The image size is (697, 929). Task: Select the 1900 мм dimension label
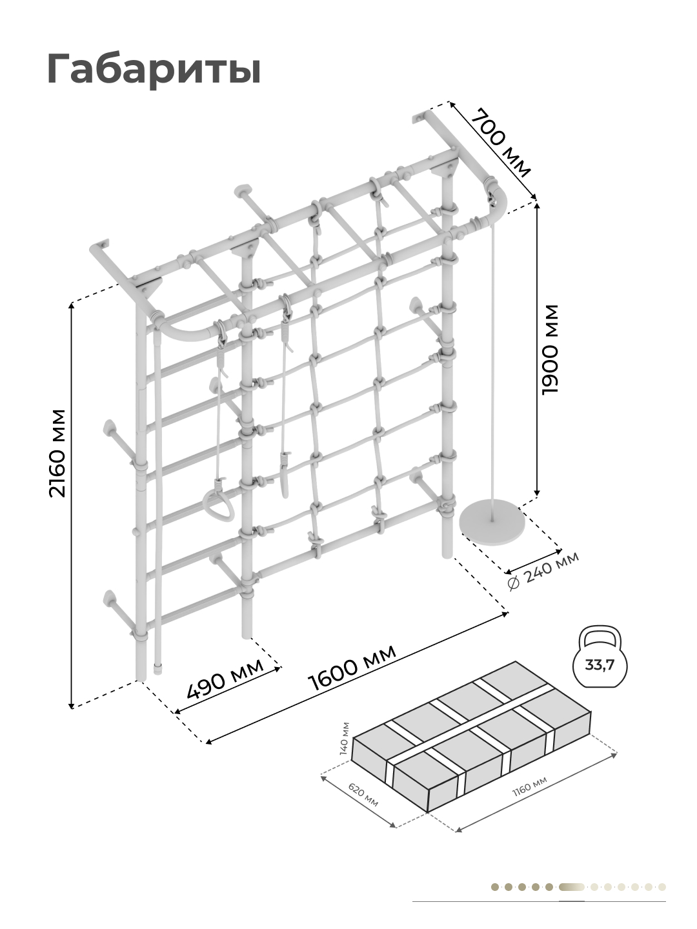click(551, 350)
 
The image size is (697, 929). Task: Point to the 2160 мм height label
click(58, 454)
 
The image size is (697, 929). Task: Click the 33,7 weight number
click(600, 666)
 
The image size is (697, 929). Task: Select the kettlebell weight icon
click(600, 657)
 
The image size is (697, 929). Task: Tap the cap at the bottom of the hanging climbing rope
click(158, 668)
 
